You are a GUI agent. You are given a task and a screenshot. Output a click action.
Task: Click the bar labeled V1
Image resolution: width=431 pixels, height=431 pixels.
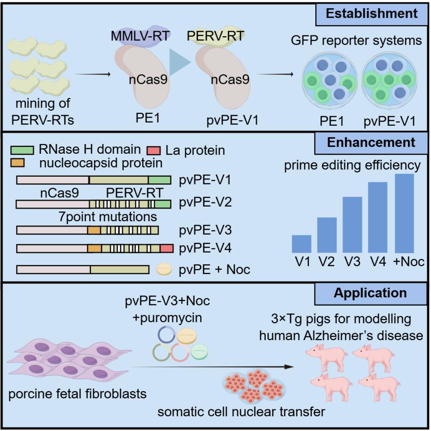pos(302,244)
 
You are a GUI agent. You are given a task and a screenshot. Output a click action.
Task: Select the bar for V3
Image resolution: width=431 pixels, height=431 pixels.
pos(352,224)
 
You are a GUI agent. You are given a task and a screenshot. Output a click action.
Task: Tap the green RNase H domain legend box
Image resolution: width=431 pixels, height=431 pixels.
pos(22,150)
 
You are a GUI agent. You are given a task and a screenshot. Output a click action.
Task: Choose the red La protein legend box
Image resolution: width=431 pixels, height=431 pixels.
pos(153,150)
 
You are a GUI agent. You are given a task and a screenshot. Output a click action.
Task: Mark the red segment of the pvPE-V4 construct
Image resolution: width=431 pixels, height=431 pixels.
pos(167,248)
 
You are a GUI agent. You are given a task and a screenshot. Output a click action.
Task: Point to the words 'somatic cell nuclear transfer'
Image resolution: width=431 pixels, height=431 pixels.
pos(241,411)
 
